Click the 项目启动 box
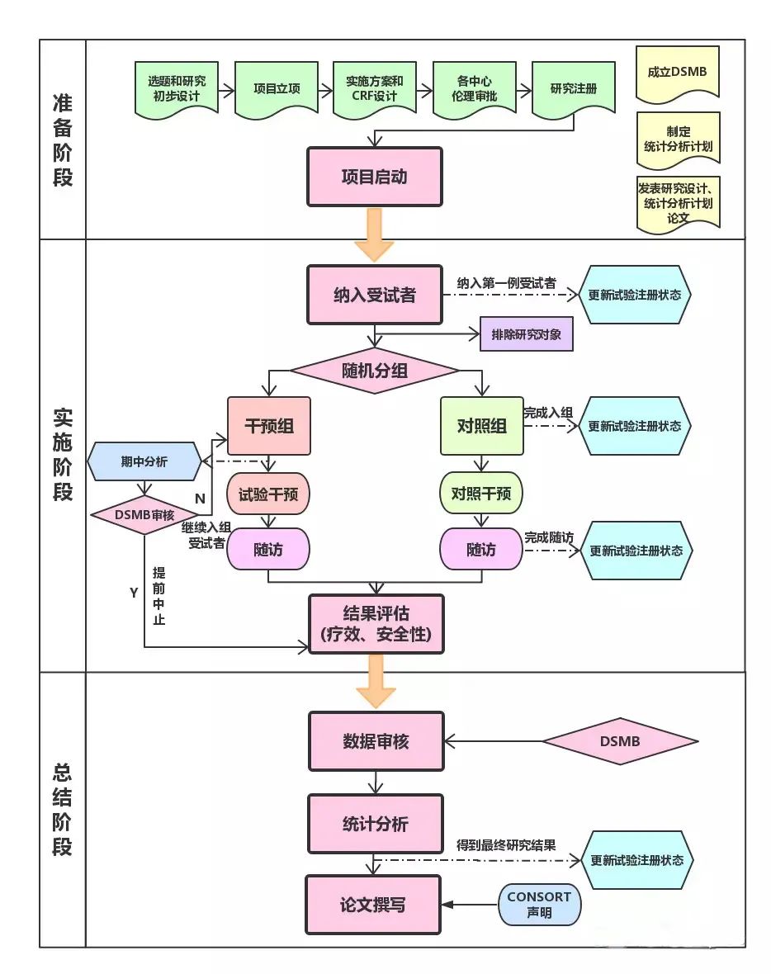coord(374,177)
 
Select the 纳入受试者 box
coord(374,295)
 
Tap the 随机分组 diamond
coord(374,371)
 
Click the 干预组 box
coord(269,426)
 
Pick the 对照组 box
coord(481,426)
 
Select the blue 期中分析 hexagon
coord(144,461)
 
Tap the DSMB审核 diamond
coord(144,515)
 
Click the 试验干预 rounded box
coord(268,494)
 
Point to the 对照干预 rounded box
coord(481,494)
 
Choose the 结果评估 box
coord(376,623)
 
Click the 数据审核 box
coord(376,741)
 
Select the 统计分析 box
coord(375,824)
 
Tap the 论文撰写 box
coord(373,905)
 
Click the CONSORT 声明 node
coord(539,905)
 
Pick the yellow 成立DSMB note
coord(677,73)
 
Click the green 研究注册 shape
coord(573,88)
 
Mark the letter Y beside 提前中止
coord(134,593)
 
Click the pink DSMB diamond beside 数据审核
coord(619,740)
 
